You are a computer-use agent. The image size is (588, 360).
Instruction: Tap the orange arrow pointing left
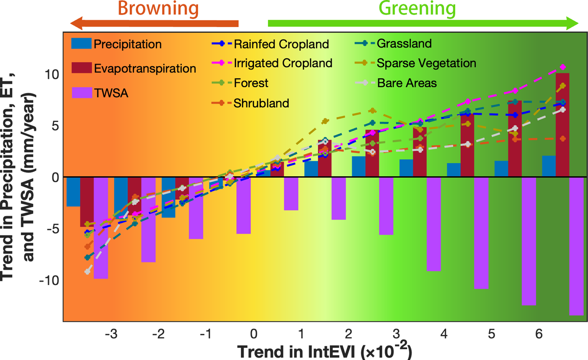[x=154, y=24]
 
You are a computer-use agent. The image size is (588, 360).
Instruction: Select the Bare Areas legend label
[x=407, y=83]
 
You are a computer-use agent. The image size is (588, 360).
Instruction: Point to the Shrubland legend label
[x=261, y=103]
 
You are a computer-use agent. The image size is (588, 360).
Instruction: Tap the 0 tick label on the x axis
[x=253, y=336]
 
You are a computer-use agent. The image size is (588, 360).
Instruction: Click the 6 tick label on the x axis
[x=539, y=336]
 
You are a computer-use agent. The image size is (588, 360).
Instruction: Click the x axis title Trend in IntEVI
[x=324, y=352]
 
